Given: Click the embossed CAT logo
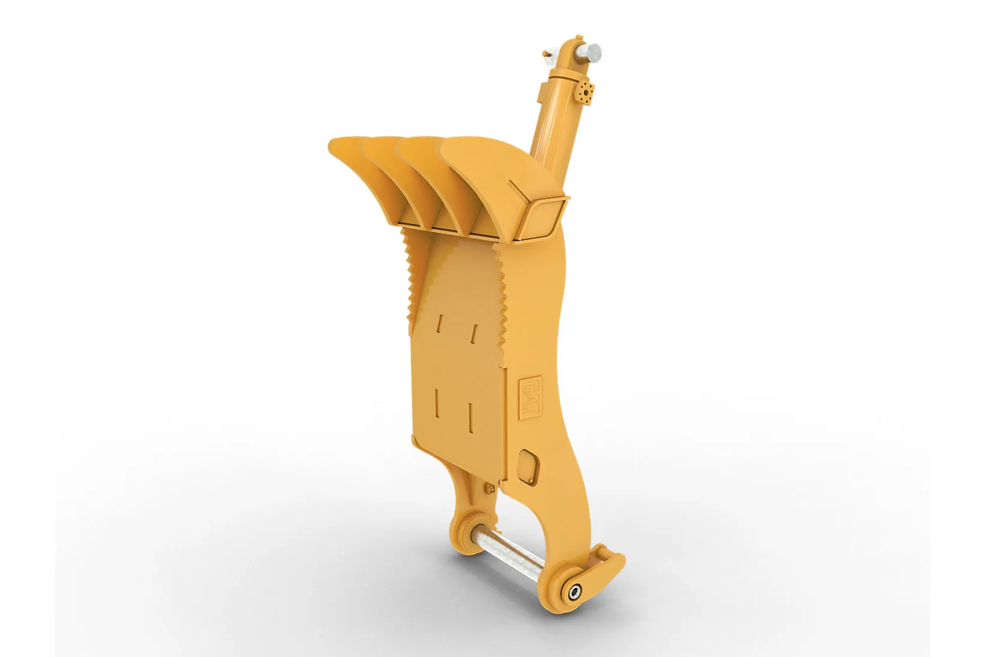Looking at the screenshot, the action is pyautogui.click(x=530, y=398).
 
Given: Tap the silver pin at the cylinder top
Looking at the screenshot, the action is pyautogui.click(x=589, y=53).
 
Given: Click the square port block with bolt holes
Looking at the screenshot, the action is pyautogui.click(x=584, y=93).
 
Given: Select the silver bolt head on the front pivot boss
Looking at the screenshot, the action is pyautogui.click(x=575, y=592).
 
